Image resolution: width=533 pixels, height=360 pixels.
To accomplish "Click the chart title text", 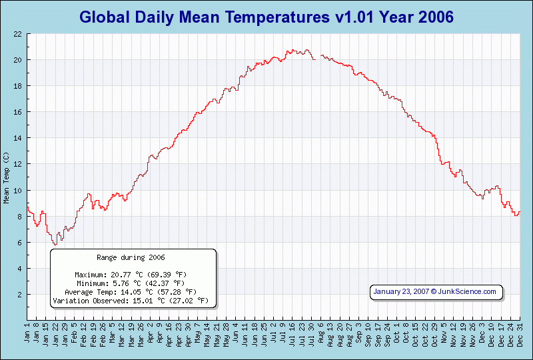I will tap(266, 16).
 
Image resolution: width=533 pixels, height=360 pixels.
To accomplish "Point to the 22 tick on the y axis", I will tap(18, 34).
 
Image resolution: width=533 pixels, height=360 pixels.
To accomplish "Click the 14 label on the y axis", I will tap(18, 138).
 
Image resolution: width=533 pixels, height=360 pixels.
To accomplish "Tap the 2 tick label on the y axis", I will tap(20, 295).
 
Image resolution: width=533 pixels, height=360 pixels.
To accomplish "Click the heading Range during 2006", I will tap(131, 257).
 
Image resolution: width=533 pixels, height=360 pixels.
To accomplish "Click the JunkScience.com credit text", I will tap(467, 291).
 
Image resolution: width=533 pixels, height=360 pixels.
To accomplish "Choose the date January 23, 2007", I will tap(401, 291).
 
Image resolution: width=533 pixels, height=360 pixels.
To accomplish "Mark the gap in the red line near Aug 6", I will tap(318, 58).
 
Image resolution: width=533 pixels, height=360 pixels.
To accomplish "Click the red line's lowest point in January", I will tap(55, 245).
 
